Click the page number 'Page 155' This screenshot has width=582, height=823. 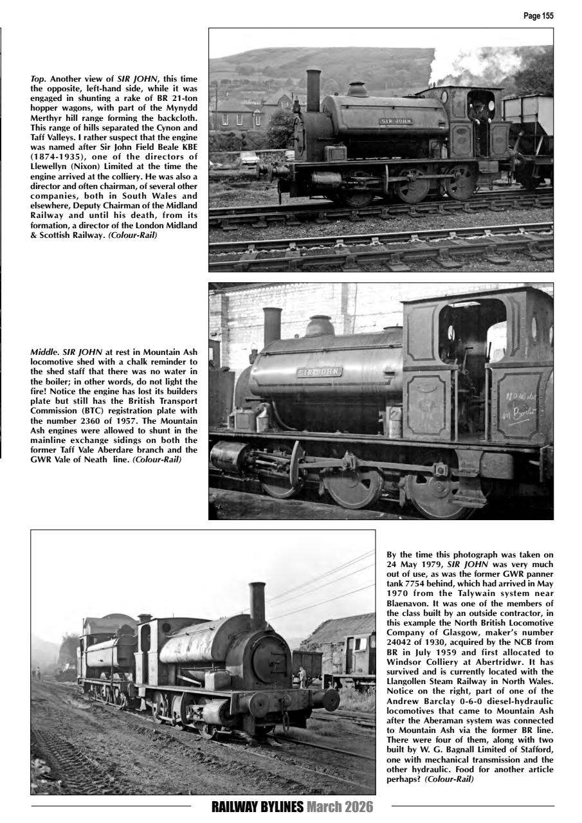[539, 16]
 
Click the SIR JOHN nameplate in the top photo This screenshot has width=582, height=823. [396, 120]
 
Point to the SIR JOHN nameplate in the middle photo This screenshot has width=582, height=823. [319, 372]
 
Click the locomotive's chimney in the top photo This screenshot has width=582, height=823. [313, 90]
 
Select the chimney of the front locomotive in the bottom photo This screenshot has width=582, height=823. [257, 604]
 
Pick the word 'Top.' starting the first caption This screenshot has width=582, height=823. [39, 77]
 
